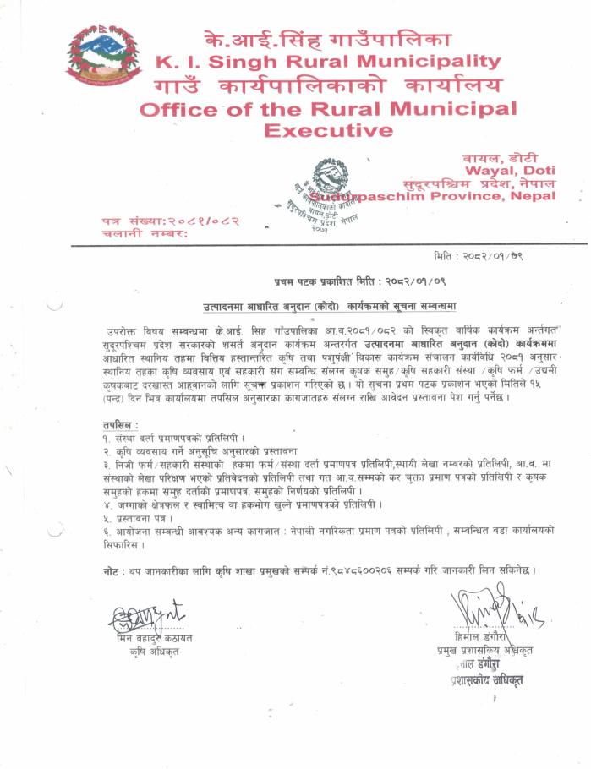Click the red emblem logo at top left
point(104,53)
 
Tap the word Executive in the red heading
point(328,130)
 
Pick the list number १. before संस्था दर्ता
point(106,440)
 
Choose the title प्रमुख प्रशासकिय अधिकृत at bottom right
point(484,650)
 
